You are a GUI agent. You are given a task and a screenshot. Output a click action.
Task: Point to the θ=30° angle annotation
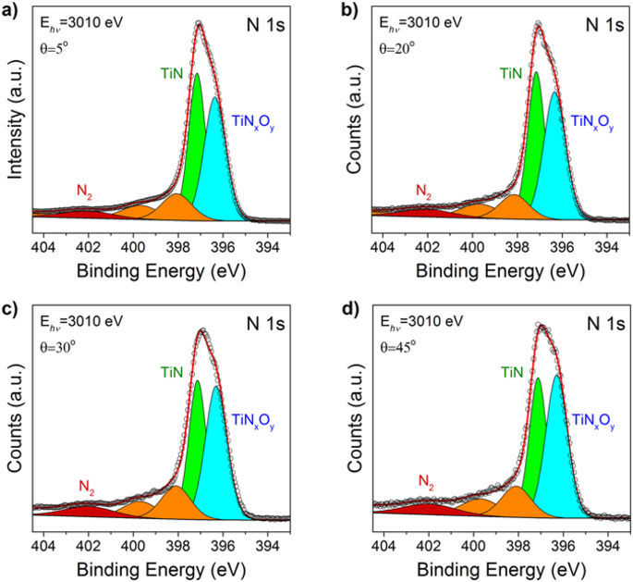pyautogui.click(x=56, y=340)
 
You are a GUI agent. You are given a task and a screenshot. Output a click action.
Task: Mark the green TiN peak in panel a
pyautogui.click(x=195, y=139)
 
